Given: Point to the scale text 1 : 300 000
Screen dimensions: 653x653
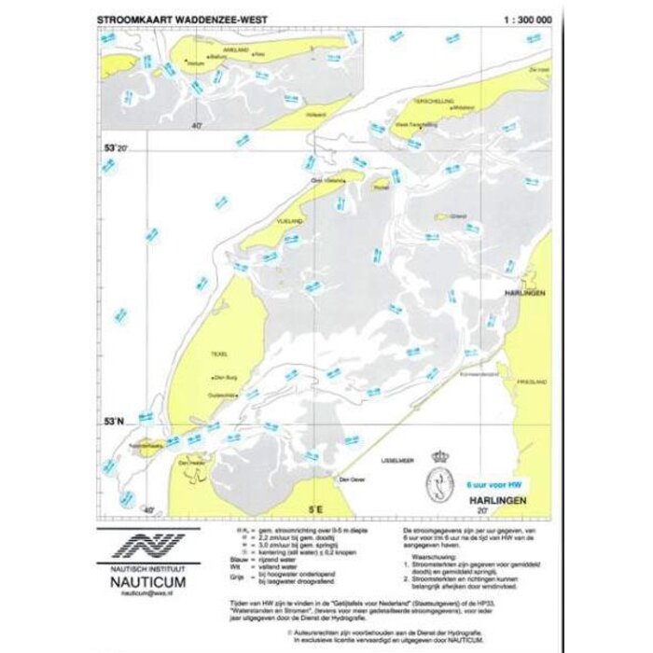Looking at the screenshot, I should [x=527, y=18].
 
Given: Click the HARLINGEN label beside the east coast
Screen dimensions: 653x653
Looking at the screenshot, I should [x=523, y=293].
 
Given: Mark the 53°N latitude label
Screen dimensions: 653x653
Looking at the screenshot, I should [x=112, y=424].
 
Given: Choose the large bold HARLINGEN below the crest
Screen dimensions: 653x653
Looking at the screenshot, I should [x=498, y=501].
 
